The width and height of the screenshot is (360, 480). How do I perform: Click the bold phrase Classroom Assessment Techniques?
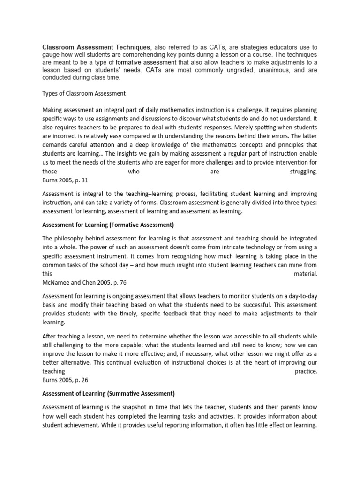point(96,47)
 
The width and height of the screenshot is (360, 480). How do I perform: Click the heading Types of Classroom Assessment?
point(84,93)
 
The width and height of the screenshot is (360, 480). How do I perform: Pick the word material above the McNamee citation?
point(306,275)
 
